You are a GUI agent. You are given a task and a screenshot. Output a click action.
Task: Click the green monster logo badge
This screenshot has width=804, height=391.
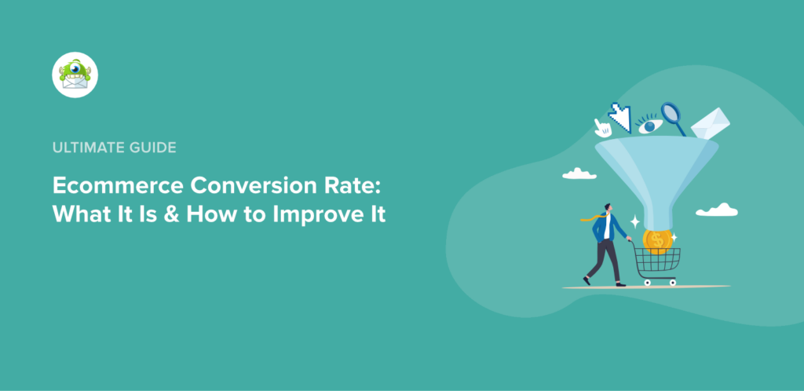click(75, 75)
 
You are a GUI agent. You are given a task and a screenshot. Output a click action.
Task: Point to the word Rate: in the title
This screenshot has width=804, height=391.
click(349, 186)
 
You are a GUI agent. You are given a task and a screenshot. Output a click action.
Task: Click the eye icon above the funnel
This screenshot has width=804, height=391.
click(650, 124)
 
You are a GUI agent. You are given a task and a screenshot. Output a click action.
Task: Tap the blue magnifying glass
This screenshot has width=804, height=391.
click(673, 117)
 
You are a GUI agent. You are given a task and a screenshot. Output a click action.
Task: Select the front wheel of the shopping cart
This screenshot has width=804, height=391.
click(672, 281)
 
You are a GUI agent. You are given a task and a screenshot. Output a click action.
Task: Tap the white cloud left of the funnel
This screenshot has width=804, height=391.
click(579, 173)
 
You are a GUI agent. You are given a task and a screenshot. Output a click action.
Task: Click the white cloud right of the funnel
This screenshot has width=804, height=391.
click(716, 210)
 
